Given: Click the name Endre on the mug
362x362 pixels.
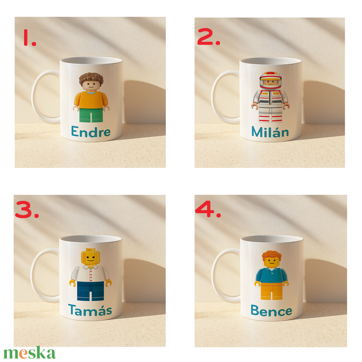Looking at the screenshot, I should click(91, 132).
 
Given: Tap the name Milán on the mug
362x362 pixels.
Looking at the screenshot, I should click(270, 132).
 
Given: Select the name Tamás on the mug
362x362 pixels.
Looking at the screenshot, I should click(90, 310).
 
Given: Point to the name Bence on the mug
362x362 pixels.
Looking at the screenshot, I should click(271, 311).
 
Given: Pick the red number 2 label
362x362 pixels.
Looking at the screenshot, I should click(208, 37).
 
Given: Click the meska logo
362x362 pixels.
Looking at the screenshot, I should click(30, 353).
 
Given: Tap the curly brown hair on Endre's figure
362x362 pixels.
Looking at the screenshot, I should click(91, 78).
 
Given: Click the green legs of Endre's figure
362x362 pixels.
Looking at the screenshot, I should click(91, 115).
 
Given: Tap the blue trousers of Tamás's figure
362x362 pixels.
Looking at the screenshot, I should click(90, 291).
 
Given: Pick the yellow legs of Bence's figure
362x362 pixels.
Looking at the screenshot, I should click(271, 291).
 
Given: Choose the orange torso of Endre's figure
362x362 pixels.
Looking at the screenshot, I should click(91, 100).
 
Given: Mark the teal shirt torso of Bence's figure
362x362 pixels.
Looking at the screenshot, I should click(271, 275).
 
